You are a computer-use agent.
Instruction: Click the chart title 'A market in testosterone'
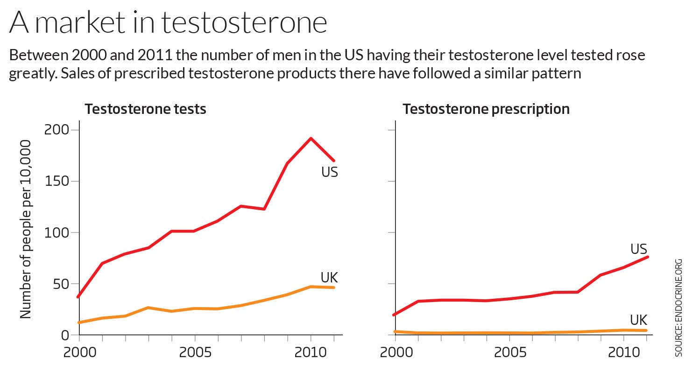(168, 22)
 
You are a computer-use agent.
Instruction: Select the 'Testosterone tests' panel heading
(145, 109)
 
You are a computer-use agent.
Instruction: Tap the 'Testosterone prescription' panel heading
(486, 109)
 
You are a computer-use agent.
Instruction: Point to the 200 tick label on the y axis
(56, 130)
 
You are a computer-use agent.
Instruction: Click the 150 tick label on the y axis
(56, 181)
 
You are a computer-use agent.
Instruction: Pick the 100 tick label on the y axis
(56, 232)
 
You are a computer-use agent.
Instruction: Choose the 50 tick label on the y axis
(59, 284)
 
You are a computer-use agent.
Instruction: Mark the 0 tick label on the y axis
(65, 335)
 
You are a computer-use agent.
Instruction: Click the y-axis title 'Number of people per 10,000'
(26, 229)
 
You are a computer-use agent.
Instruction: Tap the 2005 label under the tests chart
(195, 352)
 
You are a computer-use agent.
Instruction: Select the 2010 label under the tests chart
(311, 352)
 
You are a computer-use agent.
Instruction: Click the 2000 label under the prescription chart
(396, 352)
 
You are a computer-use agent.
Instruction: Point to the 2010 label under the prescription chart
(624, 352)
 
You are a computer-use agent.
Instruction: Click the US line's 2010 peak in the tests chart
(311, 138)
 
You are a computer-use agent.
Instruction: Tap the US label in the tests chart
(329, 172)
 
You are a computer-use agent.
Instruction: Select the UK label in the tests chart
(329, 278)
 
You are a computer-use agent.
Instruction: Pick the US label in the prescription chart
(639, 249)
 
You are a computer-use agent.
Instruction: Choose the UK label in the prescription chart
(638, 320)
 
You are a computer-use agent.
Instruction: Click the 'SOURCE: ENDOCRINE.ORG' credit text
(679, 308)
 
